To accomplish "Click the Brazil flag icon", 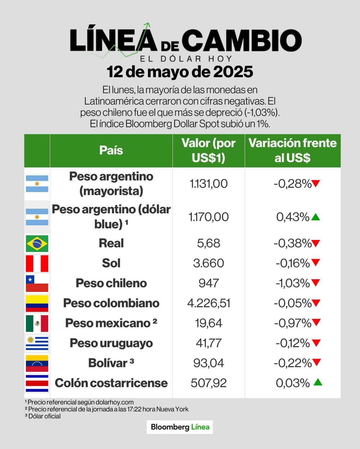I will click(x=37, y=244).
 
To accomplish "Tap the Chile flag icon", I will click(x=37, y=284).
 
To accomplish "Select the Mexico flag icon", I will click(x=37, y=323).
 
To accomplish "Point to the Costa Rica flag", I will click(x=37, y=383).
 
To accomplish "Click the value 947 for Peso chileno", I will click(x=208, y=283).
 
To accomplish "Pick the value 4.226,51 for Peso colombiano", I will click(x=208, y=303).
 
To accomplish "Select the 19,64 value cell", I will click(x=208, y=323).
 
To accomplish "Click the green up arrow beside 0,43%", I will click(x=315, y=217).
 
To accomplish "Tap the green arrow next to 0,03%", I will click(x=318, y=382).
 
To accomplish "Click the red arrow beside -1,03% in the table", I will click(x=316, y=283).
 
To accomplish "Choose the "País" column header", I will click(x=111, y=150).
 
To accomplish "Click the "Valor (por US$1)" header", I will click(x=208, y=150).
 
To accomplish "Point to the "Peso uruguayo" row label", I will click(x=111, y=343).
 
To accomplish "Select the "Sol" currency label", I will click(x=111, y=263).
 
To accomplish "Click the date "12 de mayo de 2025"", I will click(x=180, y=72).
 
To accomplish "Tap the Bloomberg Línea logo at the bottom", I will click(x=180, y=427).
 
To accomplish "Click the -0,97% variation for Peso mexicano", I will click(x=292, y=323).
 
